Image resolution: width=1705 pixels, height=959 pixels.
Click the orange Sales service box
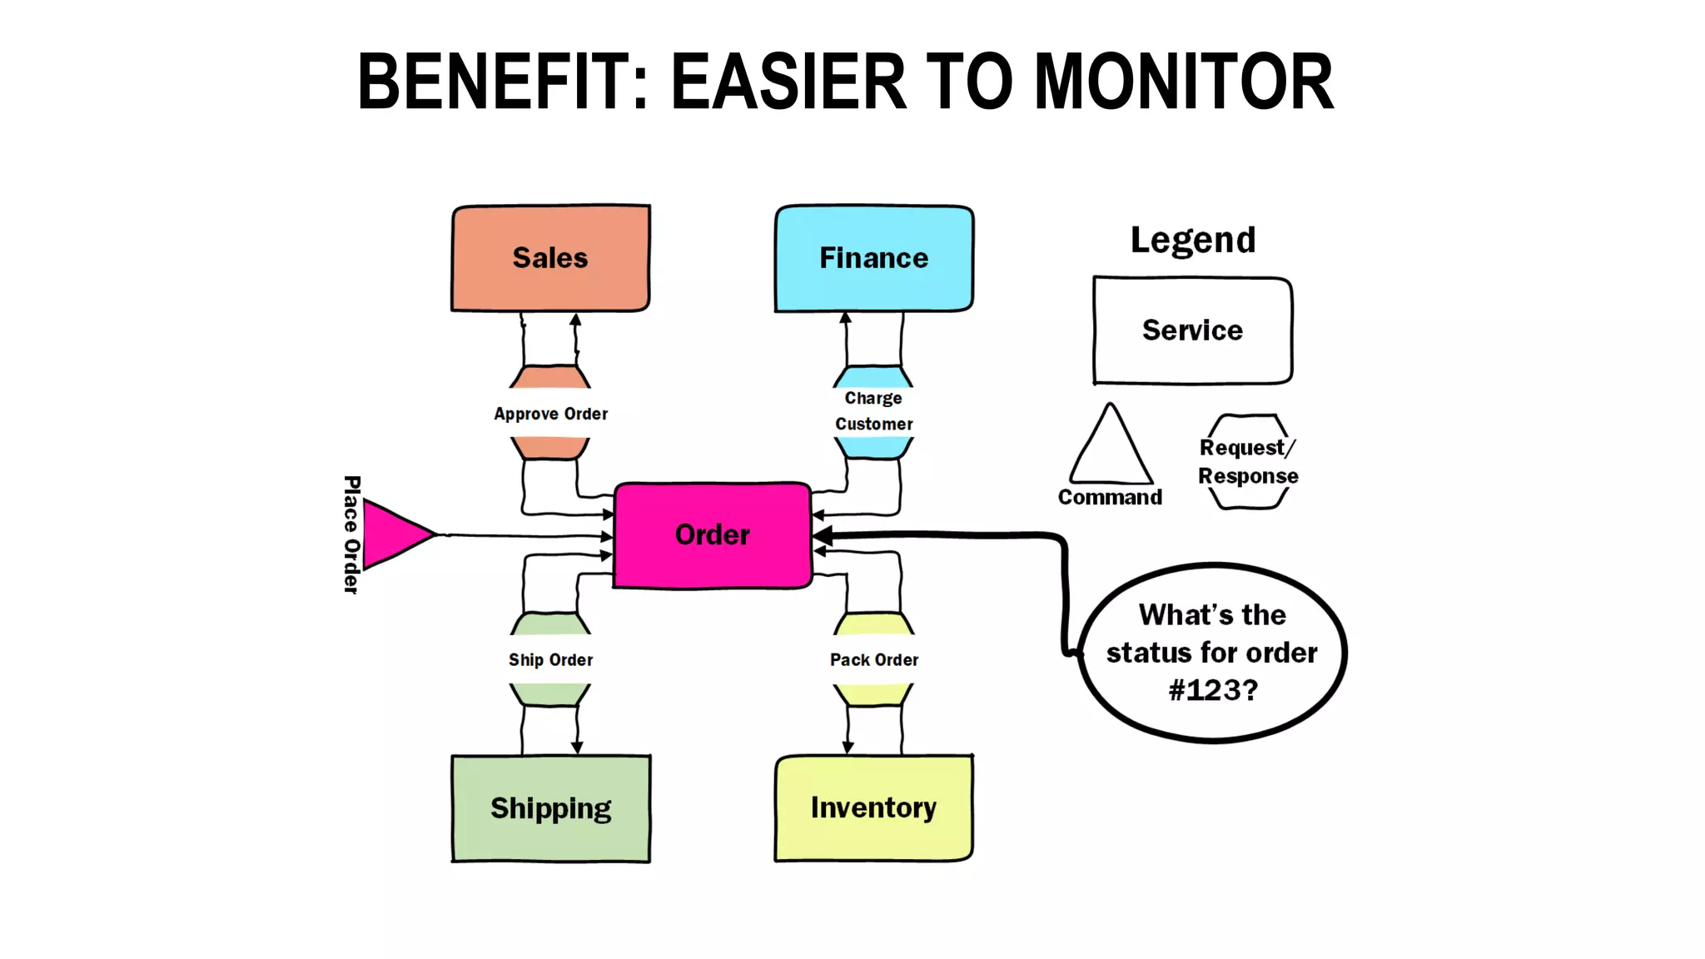pyautogui.click(x=550, y=258)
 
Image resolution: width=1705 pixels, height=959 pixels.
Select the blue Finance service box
pyautogui.click(x=873, y=258)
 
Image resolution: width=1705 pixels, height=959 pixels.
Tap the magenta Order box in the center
pyautogui.click(x=712, y=535)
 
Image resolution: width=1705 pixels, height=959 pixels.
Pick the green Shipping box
pyautogui.click(x=550, y=808)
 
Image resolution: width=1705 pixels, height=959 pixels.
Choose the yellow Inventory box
pyautogui.click(x=873, y=808)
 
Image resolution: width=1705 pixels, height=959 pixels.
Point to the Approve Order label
pyautogui.click(x=550, y=414)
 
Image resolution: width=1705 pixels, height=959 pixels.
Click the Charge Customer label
pyautogui.click(x=873, y=411)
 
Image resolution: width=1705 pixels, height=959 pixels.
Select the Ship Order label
pyautogui.click(x=550, y=659)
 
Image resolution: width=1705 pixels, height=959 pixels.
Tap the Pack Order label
pyautogui.click(x=873, y=659)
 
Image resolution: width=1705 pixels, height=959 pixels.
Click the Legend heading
pyautogui.click(x=1192, y=241)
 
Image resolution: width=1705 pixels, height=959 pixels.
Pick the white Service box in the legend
pyautogui.click(x=1192, y=330)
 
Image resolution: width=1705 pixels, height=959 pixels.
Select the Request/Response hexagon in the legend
pyautogui.click(x=1248, y=462)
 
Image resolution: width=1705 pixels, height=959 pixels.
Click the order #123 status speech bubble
pyautogui.click(x=1212, y=653)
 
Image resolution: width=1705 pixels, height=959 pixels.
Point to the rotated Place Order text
pyautogui.click(x=352, y=534)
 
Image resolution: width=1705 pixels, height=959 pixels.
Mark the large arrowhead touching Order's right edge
pyautogui.click(x=823, y=536)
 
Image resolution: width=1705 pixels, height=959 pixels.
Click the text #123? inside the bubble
pyautogui.click(x=1212, y=690)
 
